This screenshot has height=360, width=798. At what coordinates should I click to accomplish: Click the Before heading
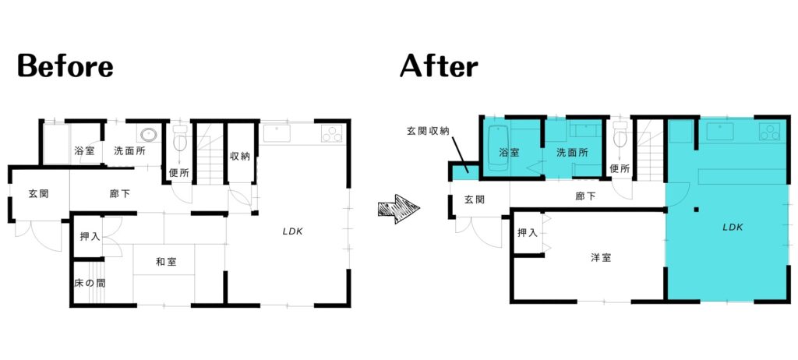coord(65,66)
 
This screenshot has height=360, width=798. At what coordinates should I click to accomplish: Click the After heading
coord(439,66)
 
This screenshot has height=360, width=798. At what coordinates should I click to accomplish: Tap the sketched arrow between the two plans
coord(399,210)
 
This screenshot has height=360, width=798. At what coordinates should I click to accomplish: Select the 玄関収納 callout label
coord(428,132)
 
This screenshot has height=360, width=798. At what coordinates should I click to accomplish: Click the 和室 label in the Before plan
coord(166,263)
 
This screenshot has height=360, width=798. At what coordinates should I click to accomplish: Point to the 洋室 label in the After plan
coord(601,258)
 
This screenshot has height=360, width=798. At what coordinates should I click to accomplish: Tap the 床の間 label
coord(90,284)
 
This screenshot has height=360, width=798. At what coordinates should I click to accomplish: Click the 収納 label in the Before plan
coord(240,157)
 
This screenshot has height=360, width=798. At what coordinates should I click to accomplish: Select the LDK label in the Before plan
coord(293,231)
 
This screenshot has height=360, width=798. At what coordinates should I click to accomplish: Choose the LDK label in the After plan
coord(733,228)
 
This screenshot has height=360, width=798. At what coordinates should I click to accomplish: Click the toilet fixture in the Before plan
coord(180,138)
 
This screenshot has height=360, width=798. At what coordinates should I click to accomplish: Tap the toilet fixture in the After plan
coord(620,135)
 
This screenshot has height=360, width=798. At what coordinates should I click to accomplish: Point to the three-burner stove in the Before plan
coord(331,134)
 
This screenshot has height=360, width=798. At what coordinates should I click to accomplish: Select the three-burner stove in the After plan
coord(769,132)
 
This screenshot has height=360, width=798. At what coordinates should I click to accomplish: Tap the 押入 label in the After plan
coord(528,233)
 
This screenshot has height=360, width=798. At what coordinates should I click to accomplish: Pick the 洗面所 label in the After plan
coord(572,152)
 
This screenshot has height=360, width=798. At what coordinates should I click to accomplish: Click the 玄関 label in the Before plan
coord(38,193)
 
